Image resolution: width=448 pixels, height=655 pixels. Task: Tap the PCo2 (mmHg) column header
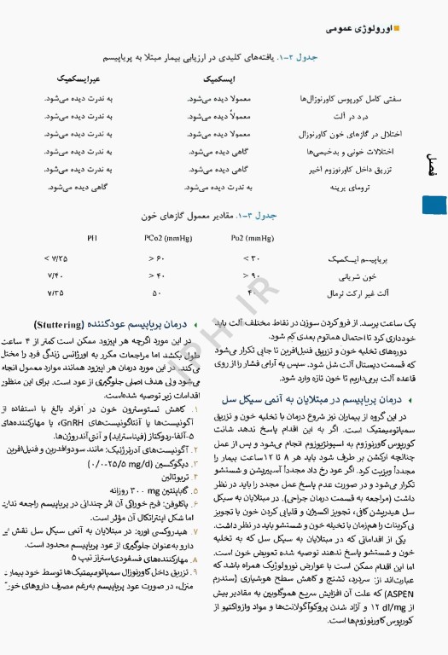[x=162, y=238]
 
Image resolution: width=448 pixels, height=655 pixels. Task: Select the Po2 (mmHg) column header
[x=253, y=238]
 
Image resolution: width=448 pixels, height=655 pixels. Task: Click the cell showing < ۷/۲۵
[x=56, y=258]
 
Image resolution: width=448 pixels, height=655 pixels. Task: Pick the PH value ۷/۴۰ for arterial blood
[x=56, y=275]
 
